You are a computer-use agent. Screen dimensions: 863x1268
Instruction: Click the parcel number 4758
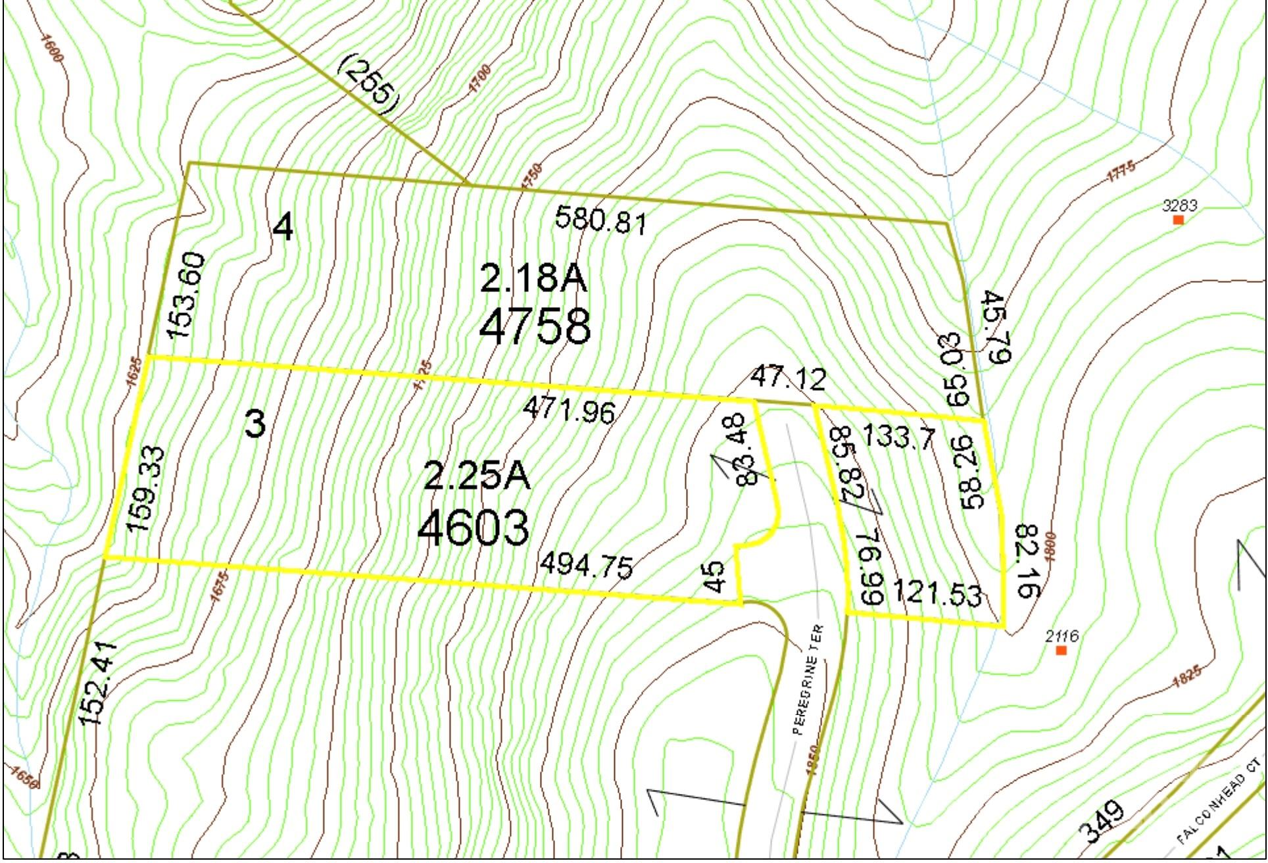[x=534, y=327]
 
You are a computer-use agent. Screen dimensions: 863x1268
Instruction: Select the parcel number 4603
[x=473, y=528]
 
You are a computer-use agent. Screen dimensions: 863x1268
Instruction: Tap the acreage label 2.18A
[x=533, y=279]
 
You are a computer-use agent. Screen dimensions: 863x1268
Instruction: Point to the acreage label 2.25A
[x=476, y=476]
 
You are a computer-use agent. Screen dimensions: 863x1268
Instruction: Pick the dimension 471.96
[x=570, y=411]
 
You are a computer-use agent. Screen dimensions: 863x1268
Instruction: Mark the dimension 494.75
[x=587, y=566]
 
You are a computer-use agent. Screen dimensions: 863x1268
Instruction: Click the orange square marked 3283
[x=1179, y=220]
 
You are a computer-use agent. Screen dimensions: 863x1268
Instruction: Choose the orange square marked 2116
[x=1061, y=651]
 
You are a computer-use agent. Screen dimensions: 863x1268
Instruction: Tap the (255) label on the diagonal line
[x=369, y=86]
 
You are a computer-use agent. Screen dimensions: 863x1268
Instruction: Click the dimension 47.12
[x=788, y=380]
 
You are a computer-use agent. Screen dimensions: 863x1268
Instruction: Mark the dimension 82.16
[x=1027, y=560]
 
